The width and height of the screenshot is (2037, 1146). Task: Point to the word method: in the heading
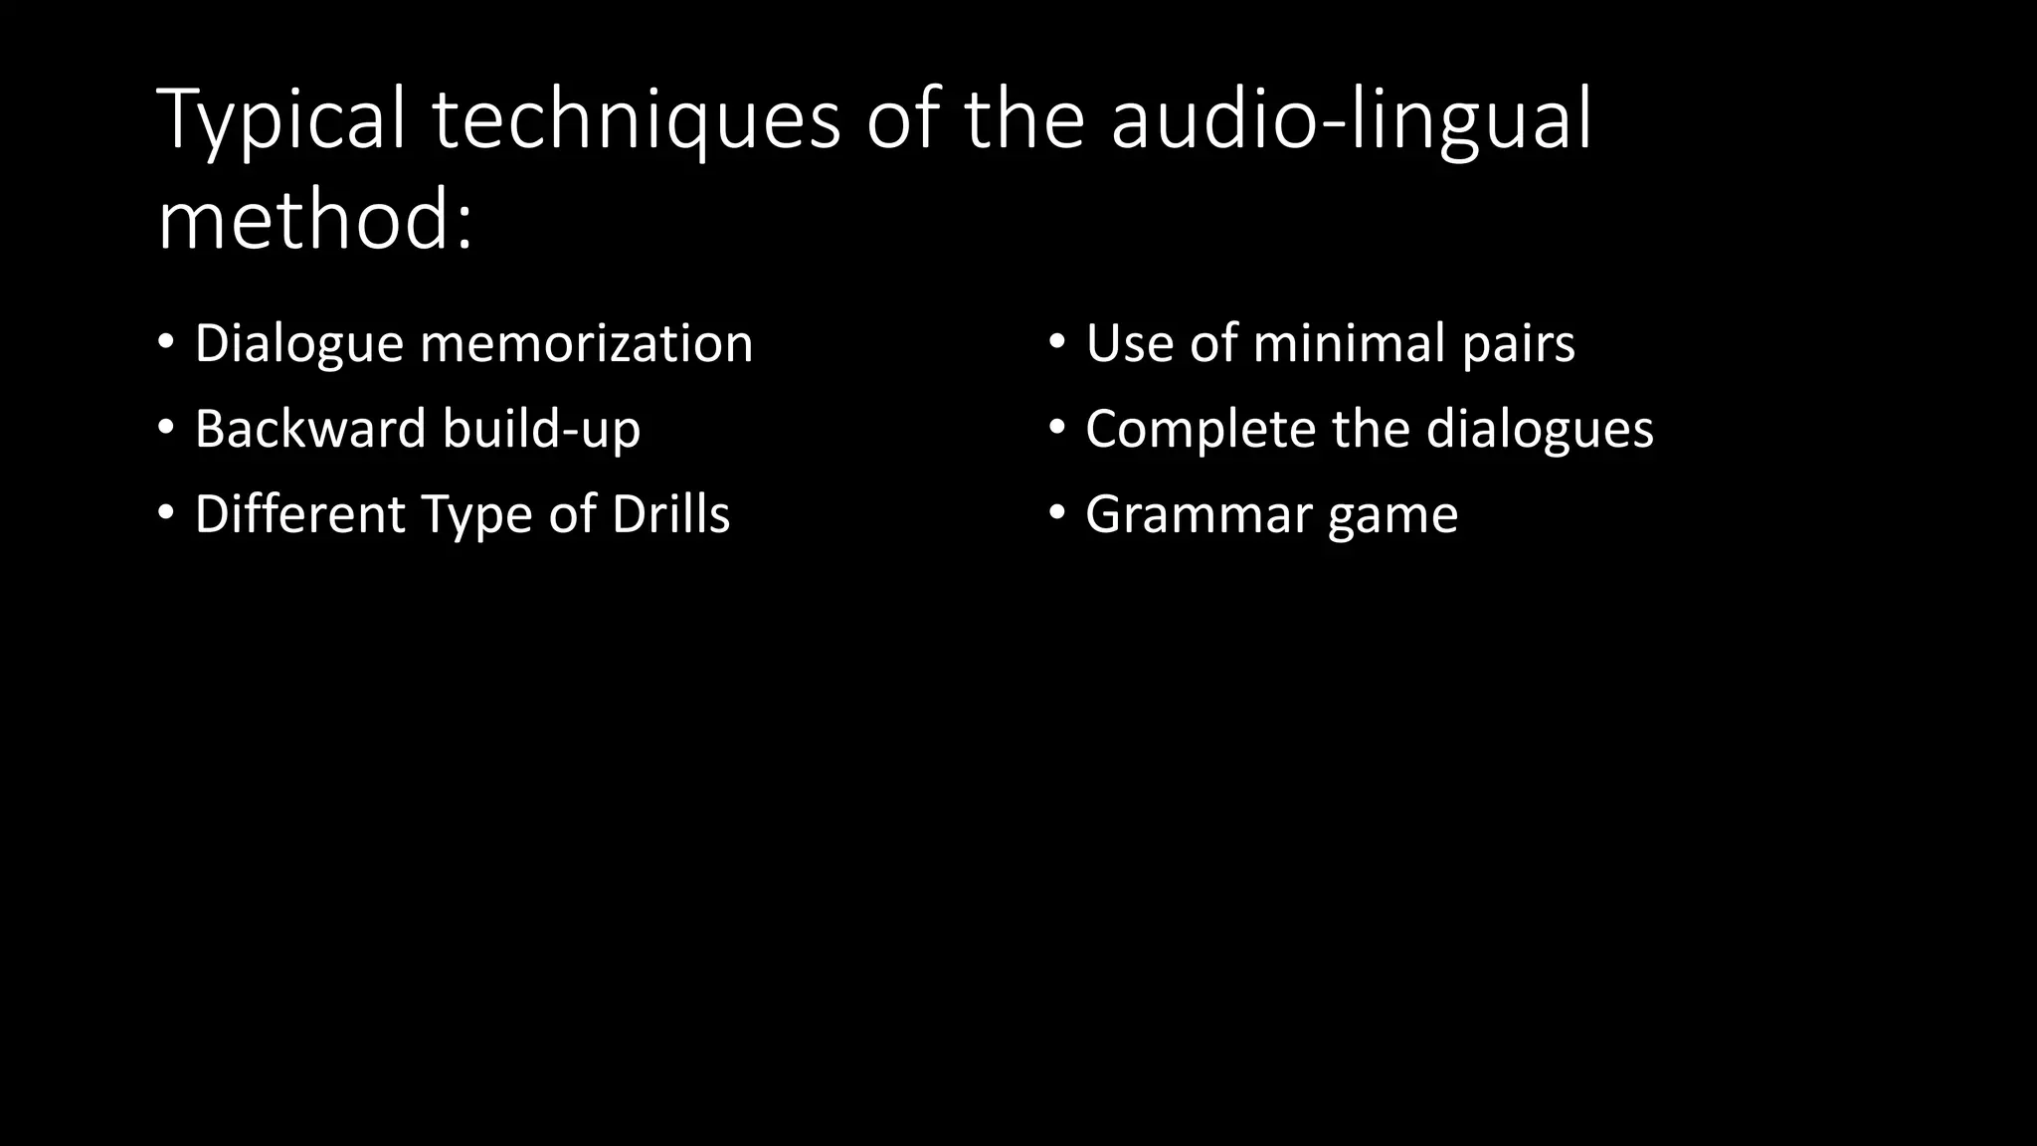[315, 221]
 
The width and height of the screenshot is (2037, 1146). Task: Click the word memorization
[587, 343]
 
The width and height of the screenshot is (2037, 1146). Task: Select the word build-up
[542, 429]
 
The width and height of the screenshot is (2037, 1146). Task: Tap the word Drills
[670, 514]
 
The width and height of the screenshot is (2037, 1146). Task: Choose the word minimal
[1349, 343]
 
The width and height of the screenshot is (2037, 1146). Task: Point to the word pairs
[1519, 345]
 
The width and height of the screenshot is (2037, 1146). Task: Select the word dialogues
[1540, 429]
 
